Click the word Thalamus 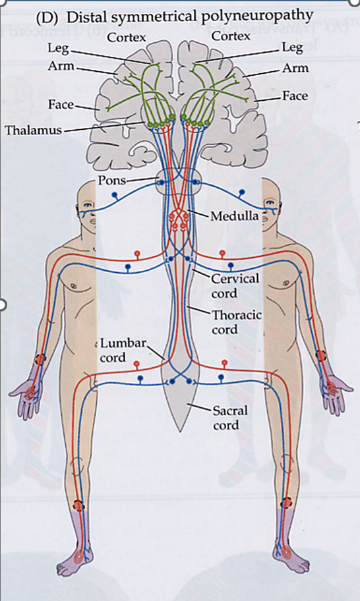tap(33, 130)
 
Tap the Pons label tap(111, 180)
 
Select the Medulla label tap(234, 216)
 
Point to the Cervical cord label tap(235, 285)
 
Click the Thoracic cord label tap(237, 322)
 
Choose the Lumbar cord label tap(123, 350)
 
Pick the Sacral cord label tap(230, 418)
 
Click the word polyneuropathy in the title tap(262, 16)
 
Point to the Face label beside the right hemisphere tap(295, 96)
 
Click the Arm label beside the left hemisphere tap(61, 66)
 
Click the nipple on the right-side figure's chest tap(285, 283)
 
